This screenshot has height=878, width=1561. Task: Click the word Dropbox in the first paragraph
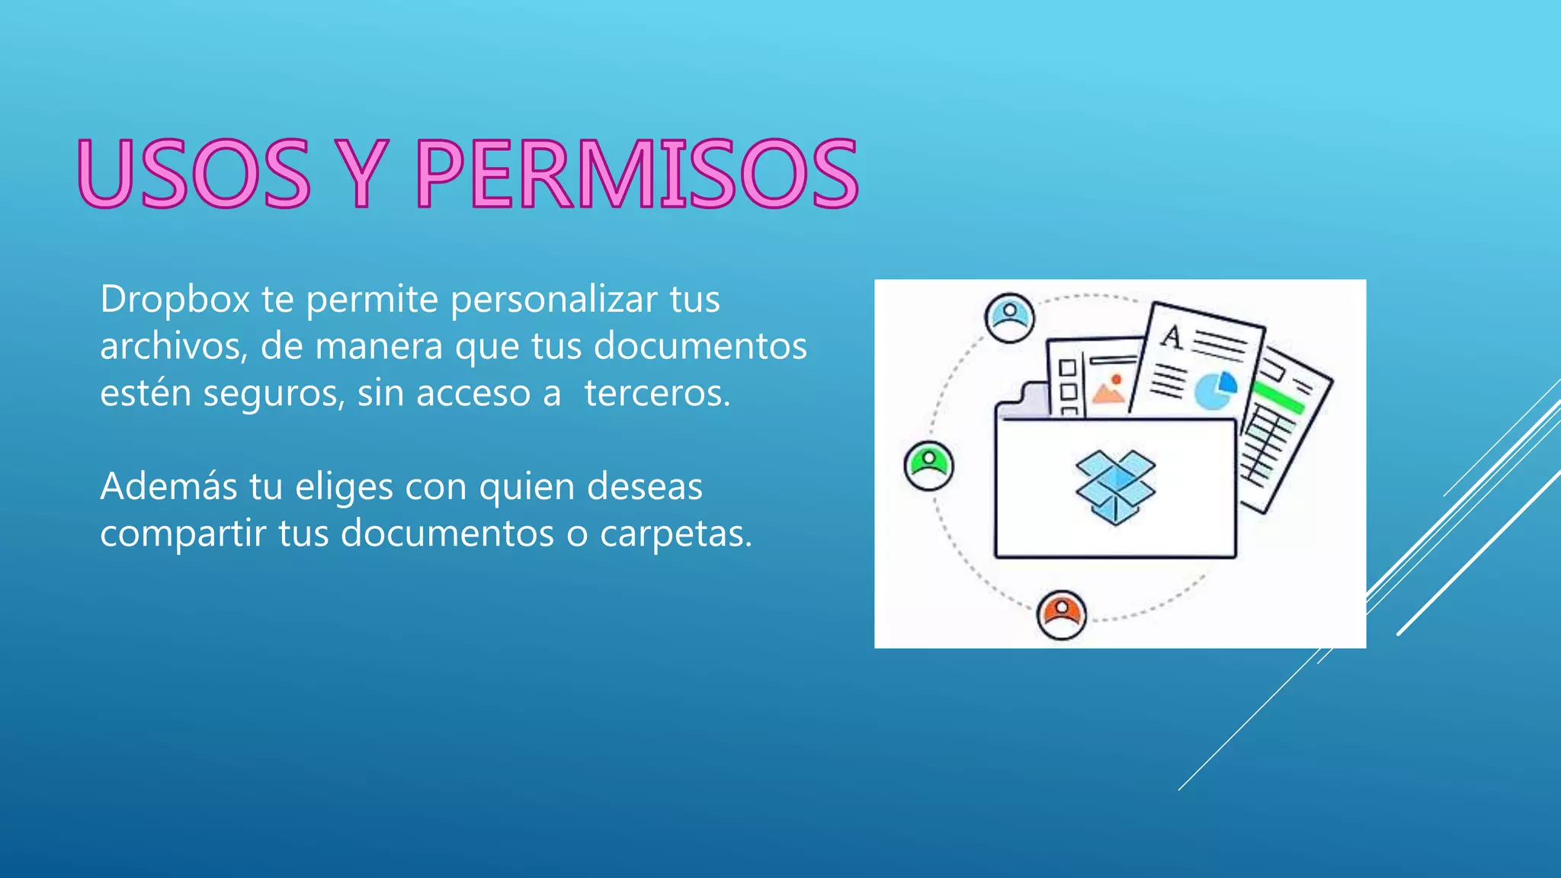(x=175, y=299)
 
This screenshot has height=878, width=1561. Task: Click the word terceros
(x=657, y=393)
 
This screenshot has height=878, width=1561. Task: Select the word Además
(x=168, y=486)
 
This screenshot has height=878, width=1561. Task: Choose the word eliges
(x=359, y=488)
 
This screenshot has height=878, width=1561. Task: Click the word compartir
(x=183, y=534)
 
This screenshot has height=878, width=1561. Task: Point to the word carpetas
(x=675, y=534)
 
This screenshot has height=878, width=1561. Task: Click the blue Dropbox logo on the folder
(x=1115, y=487)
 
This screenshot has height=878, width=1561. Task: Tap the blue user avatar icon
(x=1010, y=317)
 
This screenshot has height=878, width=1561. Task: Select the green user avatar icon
(x=928, y=465)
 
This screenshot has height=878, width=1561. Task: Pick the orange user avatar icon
(x=1061, y=614)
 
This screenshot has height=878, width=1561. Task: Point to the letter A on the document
(x=1172, y=337)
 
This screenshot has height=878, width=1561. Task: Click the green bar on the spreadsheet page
(x=1279, y=398)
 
